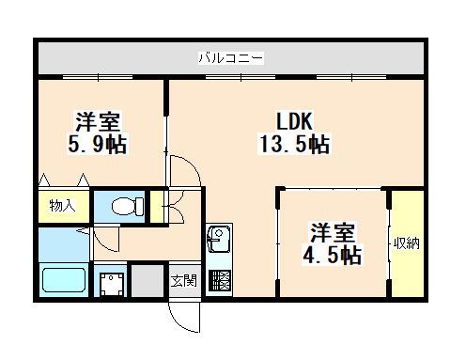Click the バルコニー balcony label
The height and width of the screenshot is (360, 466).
[231, 58]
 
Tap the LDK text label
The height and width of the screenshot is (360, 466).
[294, 121]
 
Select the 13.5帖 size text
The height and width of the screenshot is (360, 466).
[294, 145]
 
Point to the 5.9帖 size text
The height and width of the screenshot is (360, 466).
[98, 144]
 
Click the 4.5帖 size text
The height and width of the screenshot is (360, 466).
[332, 256]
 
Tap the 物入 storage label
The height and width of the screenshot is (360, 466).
[63, 206]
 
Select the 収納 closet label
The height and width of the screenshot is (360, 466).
[407, 243]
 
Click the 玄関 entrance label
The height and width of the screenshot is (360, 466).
[184, 281]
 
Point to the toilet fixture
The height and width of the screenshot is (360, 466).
[128, 206]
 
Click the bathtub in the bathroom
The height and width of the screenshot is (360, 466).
[64, 280]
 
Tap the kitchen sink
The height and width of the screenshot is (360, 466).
[218, 240]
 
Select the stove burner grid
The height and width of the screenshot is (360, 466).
[219, 280]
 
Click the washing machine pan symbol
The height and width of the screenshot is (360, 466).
[111, 284]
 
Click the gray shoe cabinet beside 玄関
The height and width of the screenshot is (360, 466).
[148, 281]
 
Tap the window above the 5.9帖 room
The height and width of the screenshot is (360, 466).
[98, 77]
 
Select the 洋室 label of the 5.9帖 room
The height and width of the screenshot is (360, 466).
[98, 121]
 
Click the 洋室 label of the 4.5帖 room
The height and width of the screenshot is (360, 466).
[333, 233]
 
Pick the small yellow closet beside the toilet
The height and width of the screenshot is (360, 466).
[157, 206]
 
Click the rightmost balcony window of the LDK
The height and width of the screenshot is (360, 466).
[351, 77]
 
